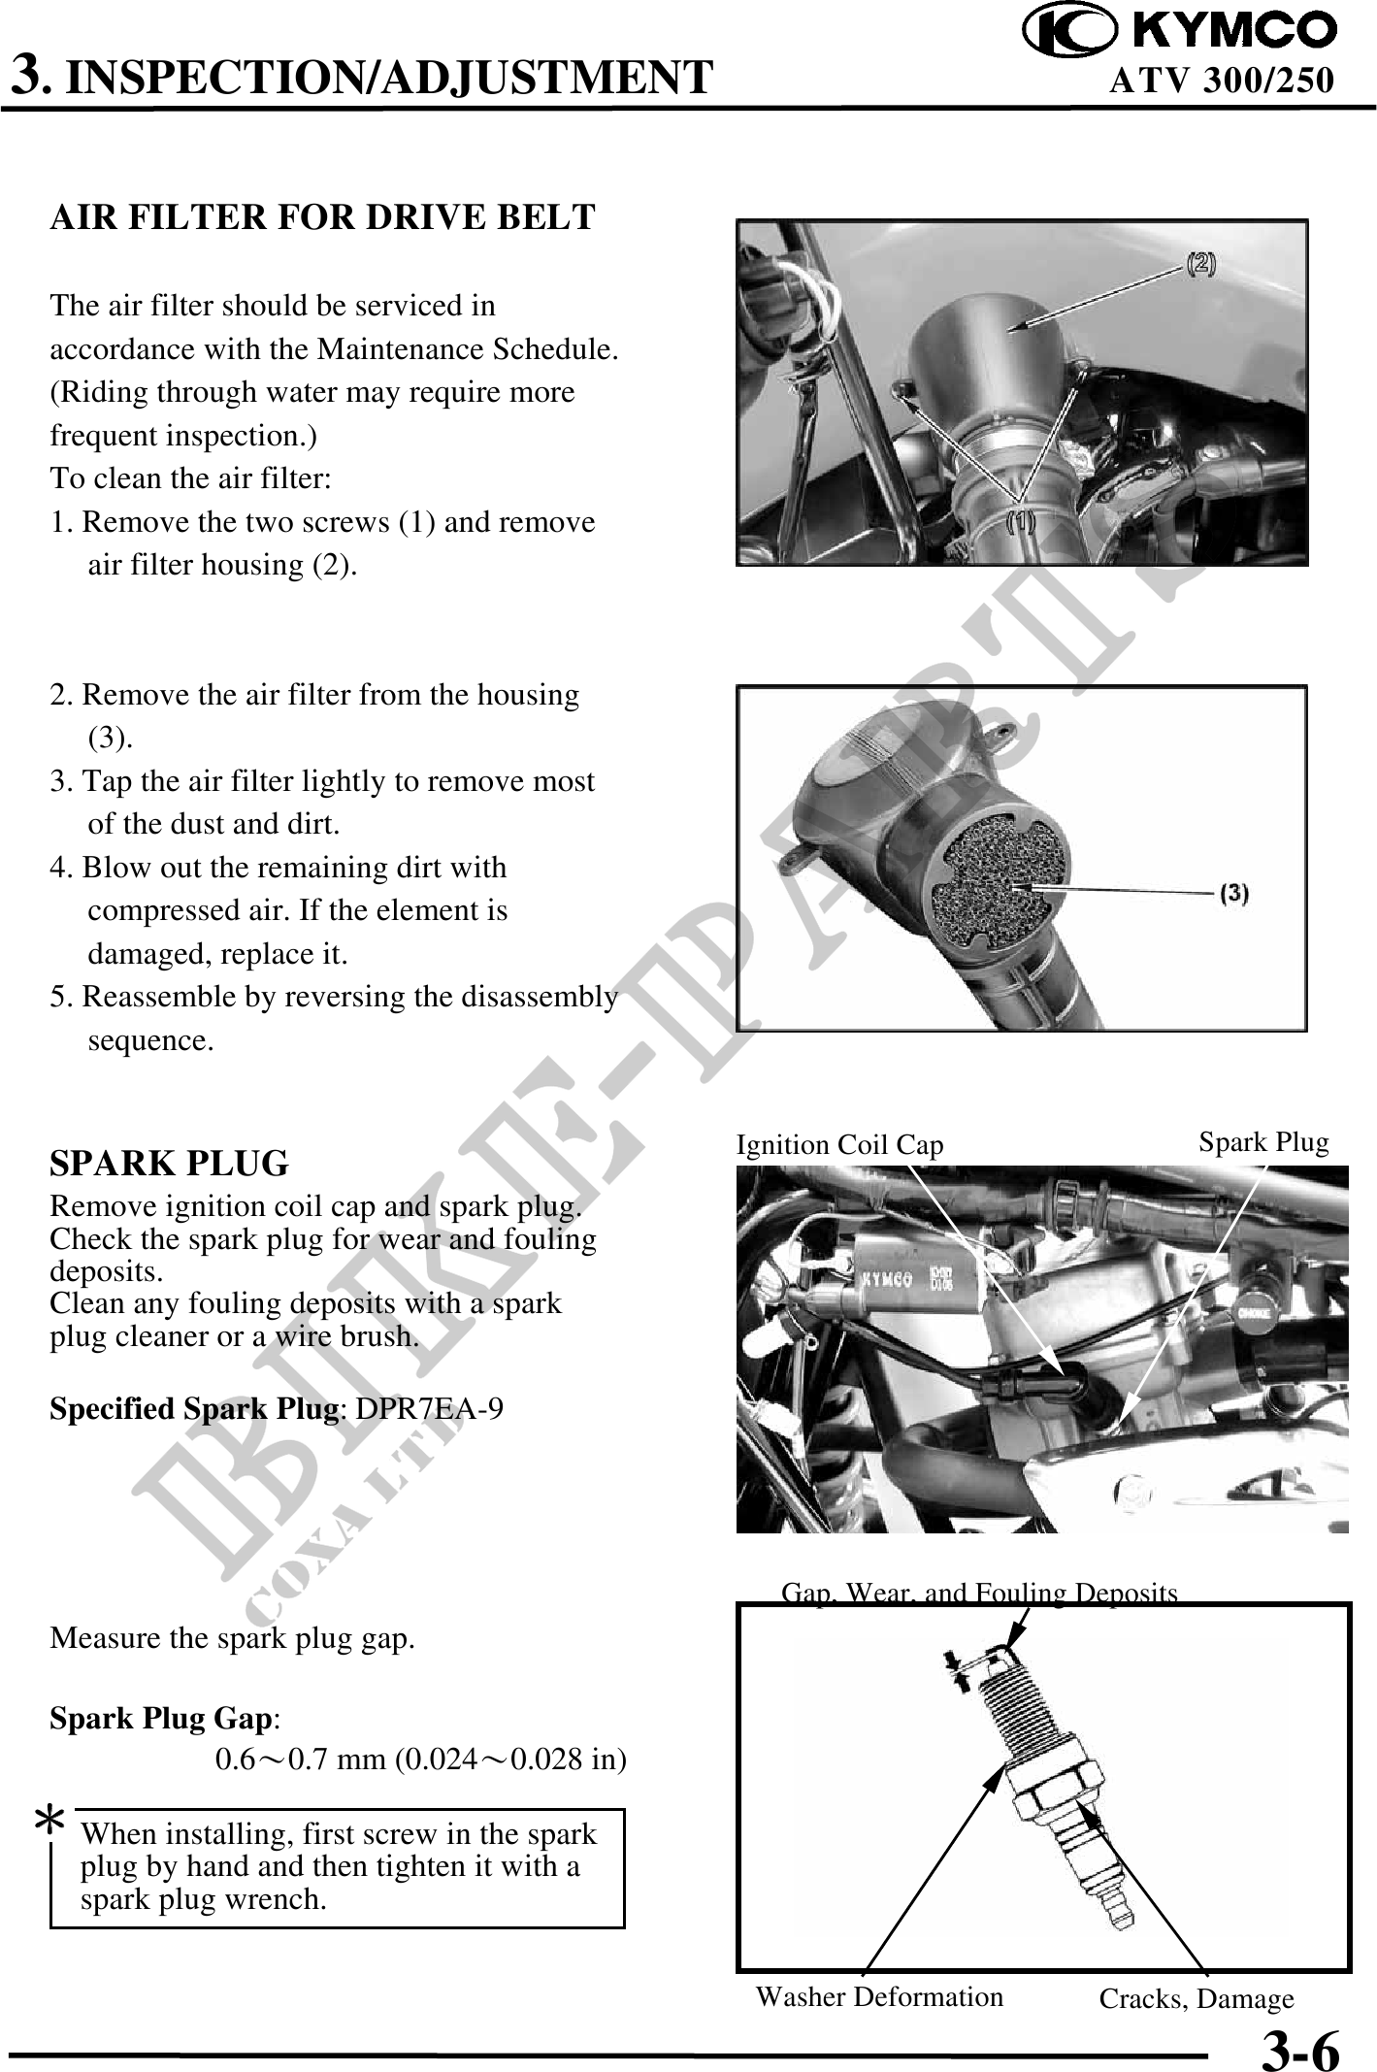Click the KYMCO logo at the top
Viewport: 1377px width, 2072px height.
[1180, 30]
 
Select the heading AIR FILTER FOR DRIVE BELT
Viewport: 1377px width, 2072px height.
[322, 216]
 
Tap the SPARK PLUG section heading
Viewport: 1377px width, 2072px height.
[169, 1163]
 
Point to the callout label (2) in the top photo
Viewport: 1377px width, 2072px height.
[1199, 263]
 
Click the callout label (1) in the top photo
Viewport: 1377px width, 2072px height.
[1019, 521]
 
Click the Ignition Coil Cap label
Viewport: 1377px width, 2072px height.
[839, 1145]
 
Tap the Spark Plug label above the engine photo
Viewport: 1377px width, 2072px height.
[1263, 1142]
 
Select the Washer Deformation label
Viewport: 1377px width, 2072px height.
[879, 1996]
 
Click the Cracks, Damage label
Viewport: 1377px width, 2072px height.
[1197, 1998]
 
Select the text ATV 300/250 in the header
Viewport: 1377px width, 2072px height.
[1221, 80]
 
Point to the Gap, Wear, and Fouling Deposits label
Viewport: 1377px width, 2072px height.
[979, 1593]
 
